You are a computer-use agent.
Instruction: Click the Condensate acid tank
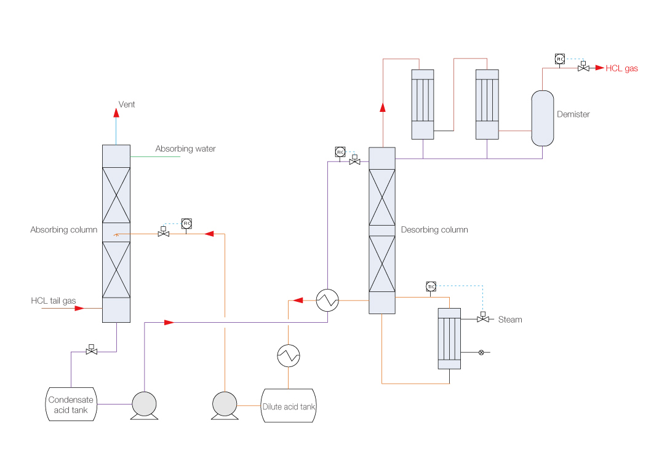(x=71, y=404)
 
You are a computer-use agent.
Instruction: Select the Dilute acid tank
(x=289, y=406)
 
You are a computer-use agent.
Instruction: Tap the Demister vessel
(x=542, y=118)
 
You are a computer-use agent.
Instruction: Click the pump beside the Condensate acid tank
(x=144, y=405)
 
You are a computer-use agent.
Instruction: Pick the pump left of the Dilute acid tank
(x=225, y=405)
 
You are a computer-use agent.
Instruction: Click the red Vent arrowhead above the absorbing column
(x=116, y=112)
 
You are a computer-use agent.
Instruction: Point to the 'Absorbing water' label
(x=185, y=149)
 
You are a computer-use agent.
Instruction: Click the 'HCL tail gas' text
(x=54, y=301)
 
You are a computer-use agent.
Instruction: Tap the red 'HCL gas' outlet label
(x=621, y=68)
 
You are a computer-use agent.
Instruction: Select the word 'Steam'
(x=510, y=320)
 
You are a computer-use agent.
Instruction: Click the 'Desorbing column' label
(x=434, y=230)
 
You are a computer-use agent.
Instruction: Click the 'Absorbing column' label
(x=64, y=230)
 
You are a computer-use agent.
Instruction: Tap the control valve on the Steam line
(x=483, y=319)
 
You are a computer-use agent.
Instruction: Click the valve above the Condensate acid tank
(x=92, y=351)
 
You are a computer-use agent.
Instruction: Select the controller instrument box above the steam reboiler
(x=431, y=286)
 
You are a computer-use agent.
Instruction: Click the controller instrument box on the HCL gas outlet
(x=559, y=59)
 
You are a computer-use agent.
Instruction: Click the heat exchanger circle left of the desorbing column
(x=327, y=300)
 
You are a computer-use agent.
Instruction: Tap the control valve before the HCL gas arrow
(x=583, y=68)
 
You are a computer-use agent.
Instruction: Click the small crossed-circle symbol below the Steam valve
(x=481, y=352)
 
